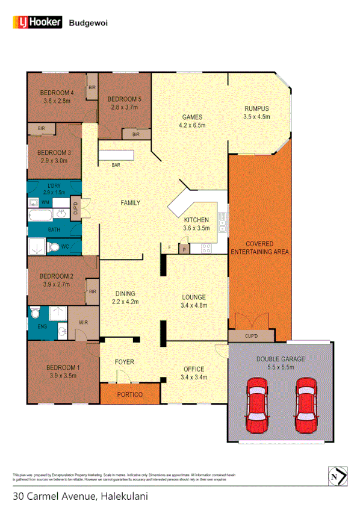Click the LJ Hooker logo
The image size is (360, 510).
point(37,22)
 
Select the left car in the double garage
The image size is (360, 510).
point(257,402)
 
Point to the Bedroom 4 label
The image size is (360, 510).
point(57,96)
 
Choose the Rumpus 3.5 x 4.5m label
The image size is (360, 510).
point(256,113)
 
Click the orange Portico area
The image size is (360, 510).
point(129,394)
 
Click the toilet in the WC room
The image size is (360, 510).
point(53,247)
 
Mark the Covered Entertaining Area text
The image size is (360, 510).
point(259,247)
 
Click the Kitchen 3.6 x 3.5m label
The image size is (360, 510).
point(196,224)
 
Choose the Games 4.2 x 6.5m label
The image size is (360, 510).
point(193,121)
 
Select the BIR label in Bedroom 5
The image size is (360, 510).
point(136,134)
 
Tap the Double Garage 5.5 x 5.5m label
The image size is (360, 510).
point(281,362)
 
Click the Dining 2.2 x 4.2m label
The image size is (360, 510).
point(125,297)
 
